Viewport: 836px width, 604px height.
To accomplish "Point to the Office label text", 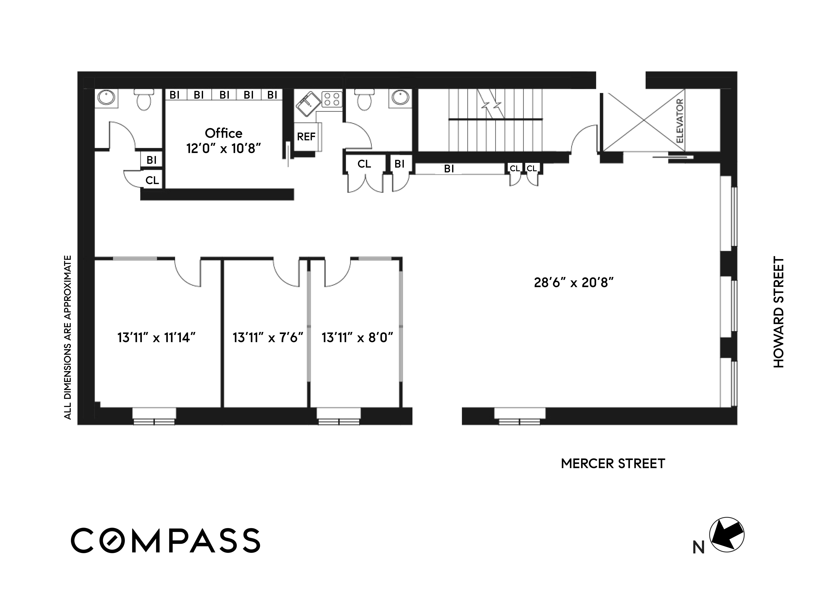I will pyautogui.click(x=223, y=133).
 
